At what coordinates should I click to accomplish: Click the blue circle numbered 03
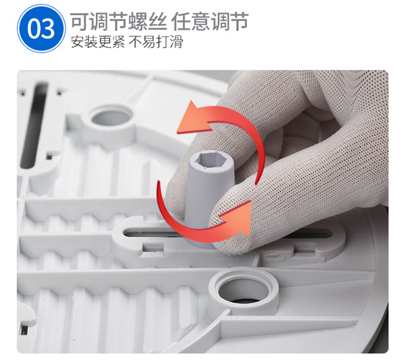41,28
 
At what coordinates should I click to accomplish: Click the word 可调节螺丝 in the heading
118,21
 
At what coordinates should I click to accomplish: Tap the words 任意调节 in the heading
210,21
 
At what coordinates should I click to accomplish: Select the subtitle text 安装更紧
97,42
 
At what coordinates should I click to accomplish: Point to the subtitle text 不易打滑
156,42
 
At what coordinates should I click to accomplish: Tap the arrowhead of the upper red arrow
193,118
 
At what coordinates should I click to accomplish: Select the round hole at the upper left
111,118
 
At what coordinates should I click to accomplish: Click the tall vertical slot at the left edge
35,125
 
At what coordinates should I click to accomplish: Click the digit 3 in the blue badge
48,28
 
